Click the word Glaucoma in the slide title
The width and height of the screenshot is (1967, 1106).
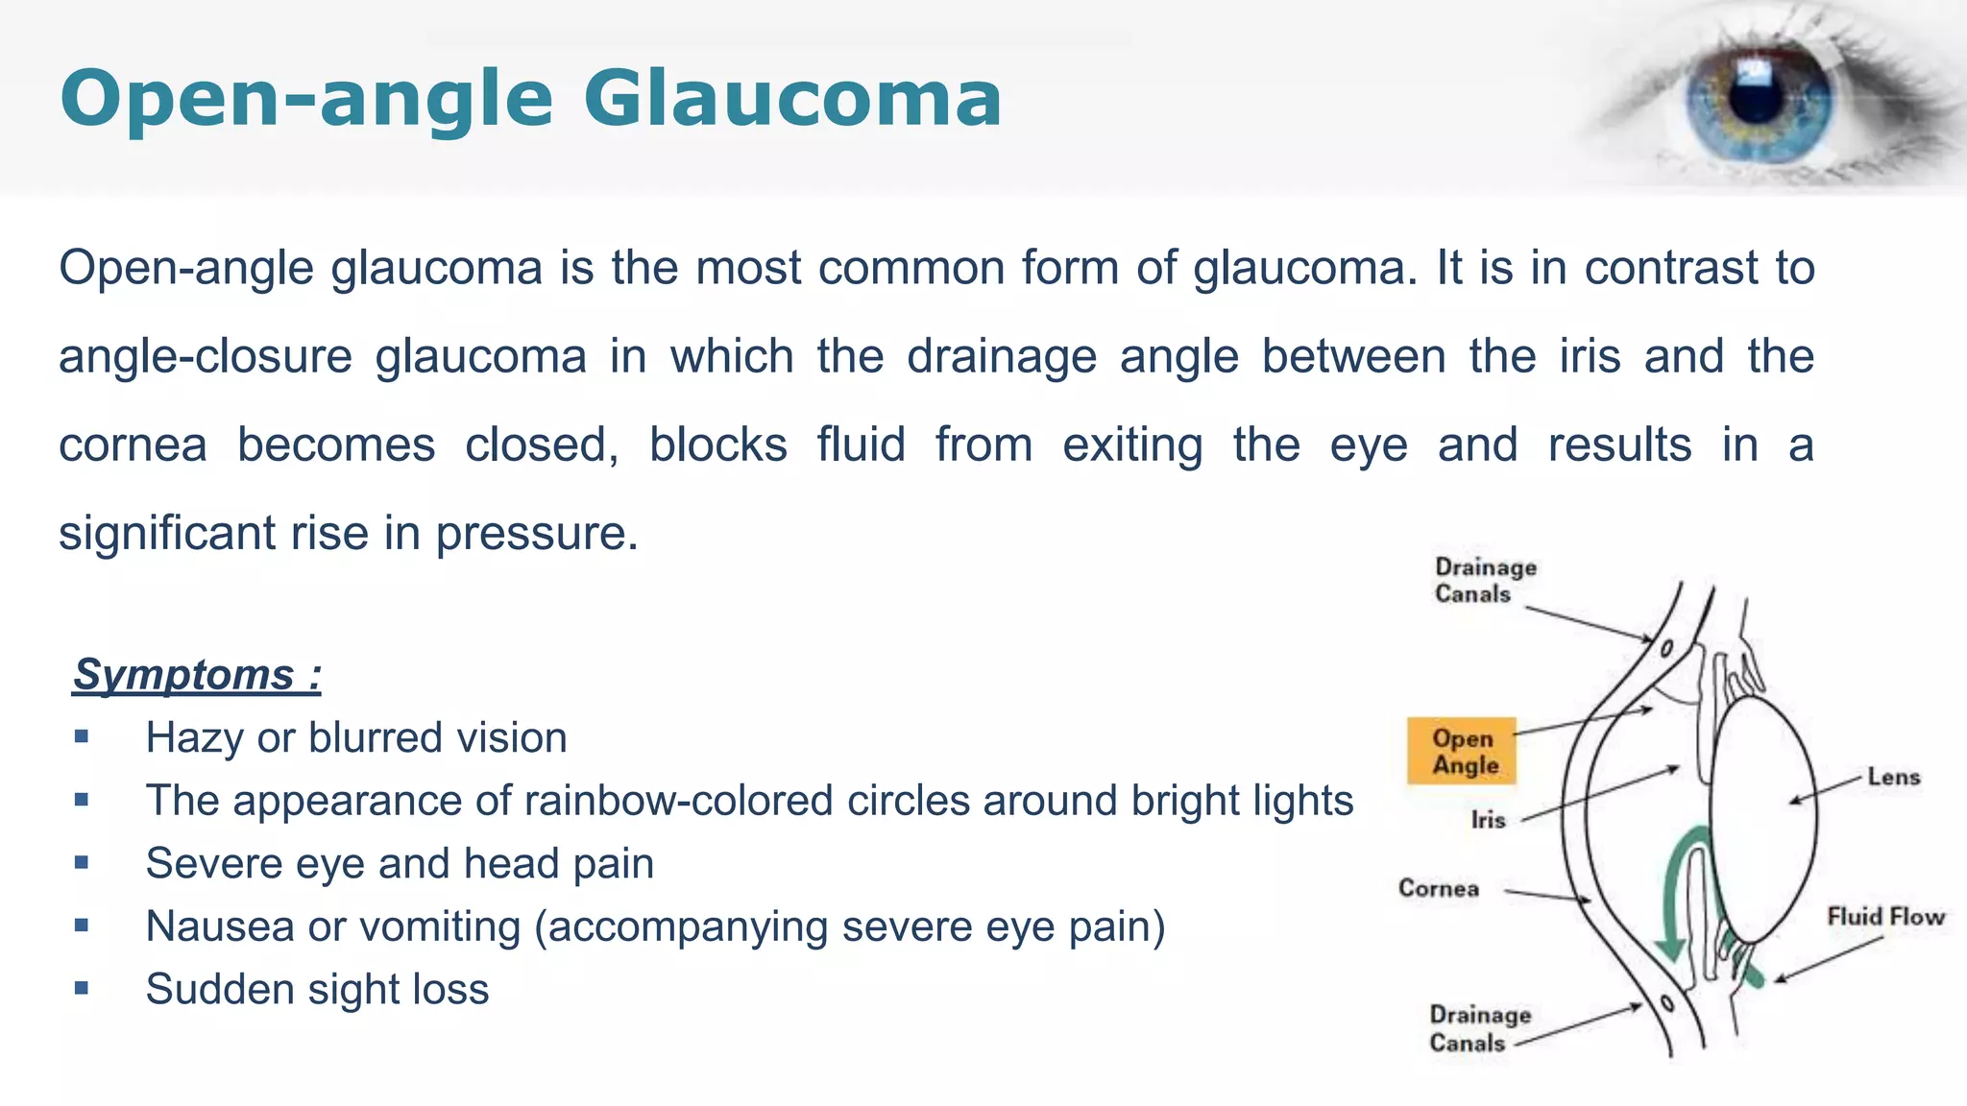(x=792, y=98)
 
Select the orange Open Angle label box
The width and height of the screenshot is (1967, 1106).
(x=1462, y=752)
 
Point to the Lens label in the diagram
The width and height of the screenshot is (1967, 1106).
(x=1893, y=777)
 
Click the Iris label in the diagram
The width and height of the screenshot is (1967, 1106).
(x=1488, y=820)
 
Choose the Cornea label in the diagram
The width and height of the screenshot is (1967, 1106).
(x=1438, y=888)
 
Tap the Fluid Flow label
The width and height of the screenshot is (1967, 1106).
(x=1885, y=917)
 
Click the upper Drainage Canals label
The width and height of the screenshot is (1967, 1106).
(x=1485, y=581)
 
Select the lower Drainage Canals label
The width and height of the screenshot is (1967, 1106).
(x=1479, y=1028)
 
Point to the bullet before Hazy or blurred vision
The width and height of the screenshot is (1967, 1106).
(x=82, y=737)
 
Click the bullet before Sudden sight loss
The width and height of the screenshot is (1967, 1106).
(x=82, y=988)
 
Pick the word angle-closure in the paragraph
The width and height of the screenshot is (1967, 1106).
(x=206, y=357)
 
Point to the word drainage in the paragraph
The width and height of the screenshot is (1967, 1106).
(x=1002, y=357)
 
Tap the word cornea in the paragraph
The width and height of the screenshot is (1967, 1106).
(x=133, y=445)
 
